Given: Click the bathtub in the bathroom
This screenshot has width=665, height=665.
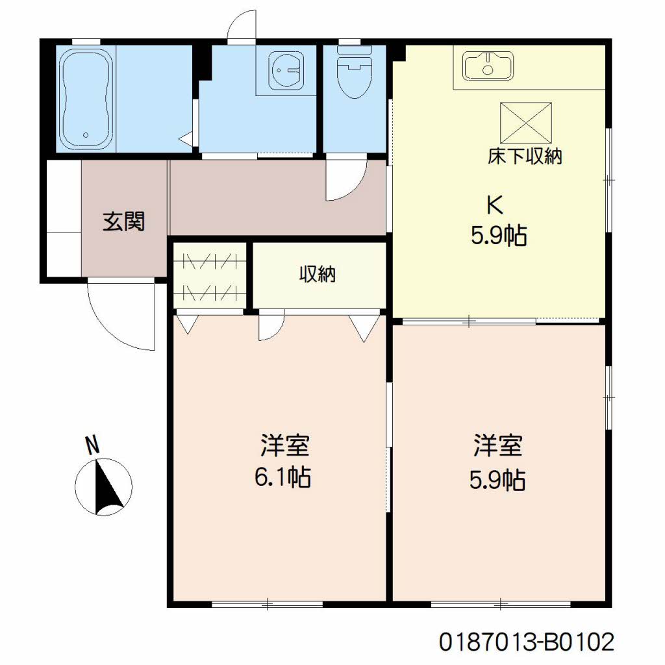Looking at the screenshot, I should click(86, 99).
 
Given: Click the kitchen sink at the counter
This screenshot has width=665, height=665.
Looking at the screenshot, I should click(488, 65).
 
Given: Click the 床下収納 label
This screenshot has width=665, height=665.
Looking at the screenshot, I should click(525, 156).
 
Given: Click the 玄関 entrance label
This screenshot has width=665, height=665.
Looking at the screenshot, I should click(123, 222).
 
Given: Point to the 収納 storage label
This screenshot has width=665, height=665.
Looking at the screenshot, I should click(317, 275).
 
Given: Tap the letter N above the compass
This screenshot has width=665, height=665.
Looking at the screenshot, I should click(94, 445).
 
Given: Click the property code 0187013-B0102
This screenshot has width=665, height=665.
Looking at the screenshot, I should click(526, 642).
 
